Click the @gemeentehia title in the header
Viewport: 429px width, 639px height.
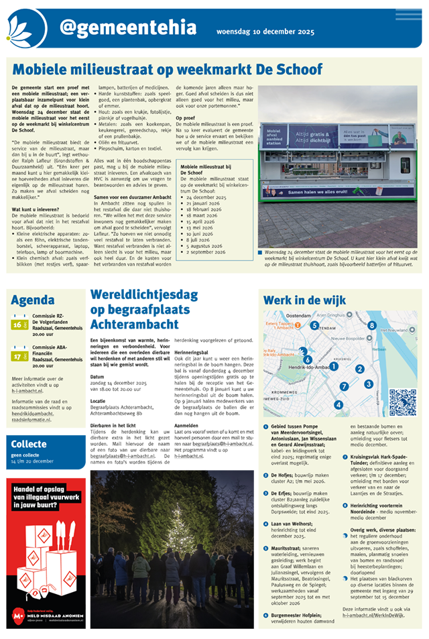tap(127, 27)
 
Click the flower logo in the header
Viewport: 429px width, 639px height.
tap(26, 28)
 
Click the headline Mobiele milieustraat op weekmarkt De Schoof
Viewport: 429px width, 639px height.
tap(168, 69)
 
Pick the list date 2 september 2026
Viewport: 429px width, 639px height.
tap(208, 252)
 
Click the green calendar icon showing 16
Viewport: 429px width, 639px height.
tap(19, 325)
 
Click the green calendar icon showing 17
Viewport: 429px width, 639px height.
tap(19, 356)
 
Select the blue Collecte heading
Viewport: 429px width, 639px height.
tap(29, 445)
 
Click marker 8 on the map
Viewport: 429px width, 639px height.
tap(371, 325)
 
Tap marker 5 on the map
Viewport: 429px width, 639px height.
tap(314, 326)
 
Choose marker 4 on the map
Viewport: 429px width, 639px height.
tap(339, 404)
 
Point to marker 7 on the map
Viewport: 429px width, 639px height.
tap(344, 386)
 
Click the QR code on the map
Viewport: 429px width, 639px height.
tap(402, 402)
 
